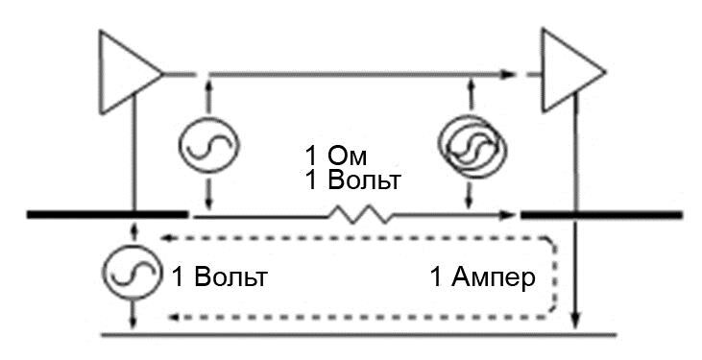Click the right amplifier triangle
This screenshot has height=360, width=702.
[569, 72]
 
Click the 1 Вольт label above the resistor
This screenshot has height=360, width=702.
[352, 180]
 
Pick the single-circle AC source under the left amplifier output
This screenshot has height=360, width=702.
[208, 145]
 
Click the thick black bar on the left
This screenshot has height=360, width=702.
[107, 214]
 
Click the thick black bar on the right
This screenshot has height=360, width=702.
[601, 214]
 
